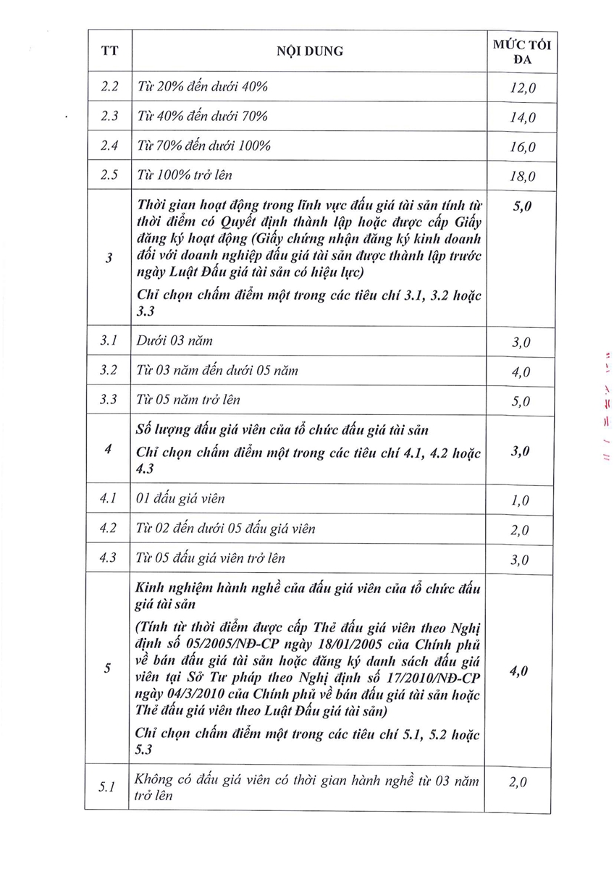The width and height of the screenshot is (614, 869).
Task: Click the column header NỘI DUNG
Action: point(309,51)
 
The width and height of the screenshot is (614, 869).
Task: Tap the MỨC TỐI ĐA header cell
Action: point(521,52)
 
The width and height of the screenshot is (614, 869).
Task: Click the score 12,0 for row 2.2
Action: point(521,88)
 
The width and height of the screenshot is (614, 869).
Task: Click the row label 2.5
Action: point(109,175)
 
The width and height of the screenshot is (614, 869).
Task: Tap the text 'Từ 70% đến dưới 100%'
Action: point(204,146)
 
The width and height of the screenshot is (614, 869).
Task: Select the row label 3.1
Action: point(109,340)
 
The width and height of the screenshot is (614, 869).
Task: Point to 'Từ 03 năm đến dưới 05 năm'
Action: point(217,371)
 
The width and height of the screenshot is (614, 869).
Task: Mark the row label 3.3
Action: point(109,400)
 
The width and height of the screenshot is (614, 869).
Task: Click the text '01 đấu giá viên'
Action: point(181,499)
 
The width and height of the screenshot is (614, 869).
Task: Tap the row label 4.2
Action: point(109,529)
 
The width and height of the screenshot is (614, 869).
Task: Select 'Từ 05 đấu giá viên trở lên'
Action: point(211,558)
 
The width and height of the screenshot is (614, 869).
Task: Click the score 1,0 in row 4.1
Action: point(520,500)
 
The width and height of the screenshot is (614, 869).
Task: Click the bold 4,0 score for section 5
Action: point(518,671)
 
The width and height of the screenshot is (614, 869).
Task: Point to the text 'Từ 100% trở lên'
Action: point(185,175)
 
